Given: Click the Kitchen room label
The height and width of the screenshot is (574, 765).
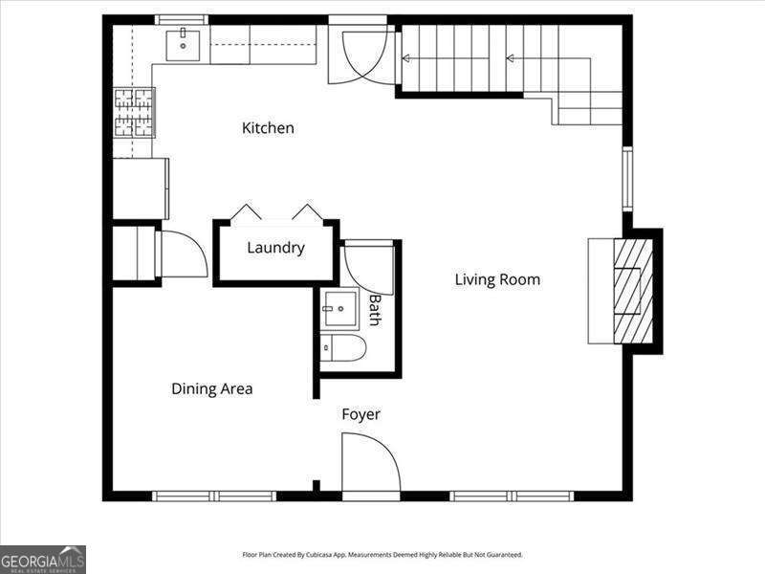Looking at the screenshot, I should [x=268, y=128].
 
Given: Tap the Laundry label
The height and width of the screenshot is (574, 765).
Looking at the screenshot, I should [x=275, y=248].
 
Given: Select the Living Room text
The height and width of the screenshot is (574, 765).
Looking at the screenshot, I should [x=497, y=279].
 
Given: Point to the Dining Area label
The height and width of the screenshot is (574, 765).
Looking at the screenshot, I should [x=211, y=388].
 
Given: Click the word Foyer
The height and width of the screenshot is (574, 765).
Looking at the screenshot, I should [x=361, y=414].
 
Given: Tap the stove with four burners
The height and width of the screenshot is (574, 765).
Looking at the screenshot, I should [x=135, y=113].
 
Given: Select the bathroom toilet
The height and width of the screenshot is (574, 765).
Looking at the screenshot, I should [x=343, y=349].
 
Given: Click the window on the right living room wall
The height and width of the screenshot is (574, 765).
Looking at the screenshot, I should [x=627, y=179].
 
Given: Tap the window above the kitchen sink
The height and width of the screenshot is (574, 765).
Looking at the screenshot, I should [x=182, y=19].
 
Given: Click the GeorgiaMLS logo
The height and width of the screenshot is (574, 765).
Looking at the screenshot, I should [x=43, y=559].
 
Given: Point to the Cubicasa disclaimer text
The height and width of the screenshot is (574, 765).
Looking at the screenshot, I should [x=382, y=555].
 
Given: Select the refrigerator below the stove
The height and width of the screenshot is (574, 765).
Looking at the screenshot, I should [x=141, y=188].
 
